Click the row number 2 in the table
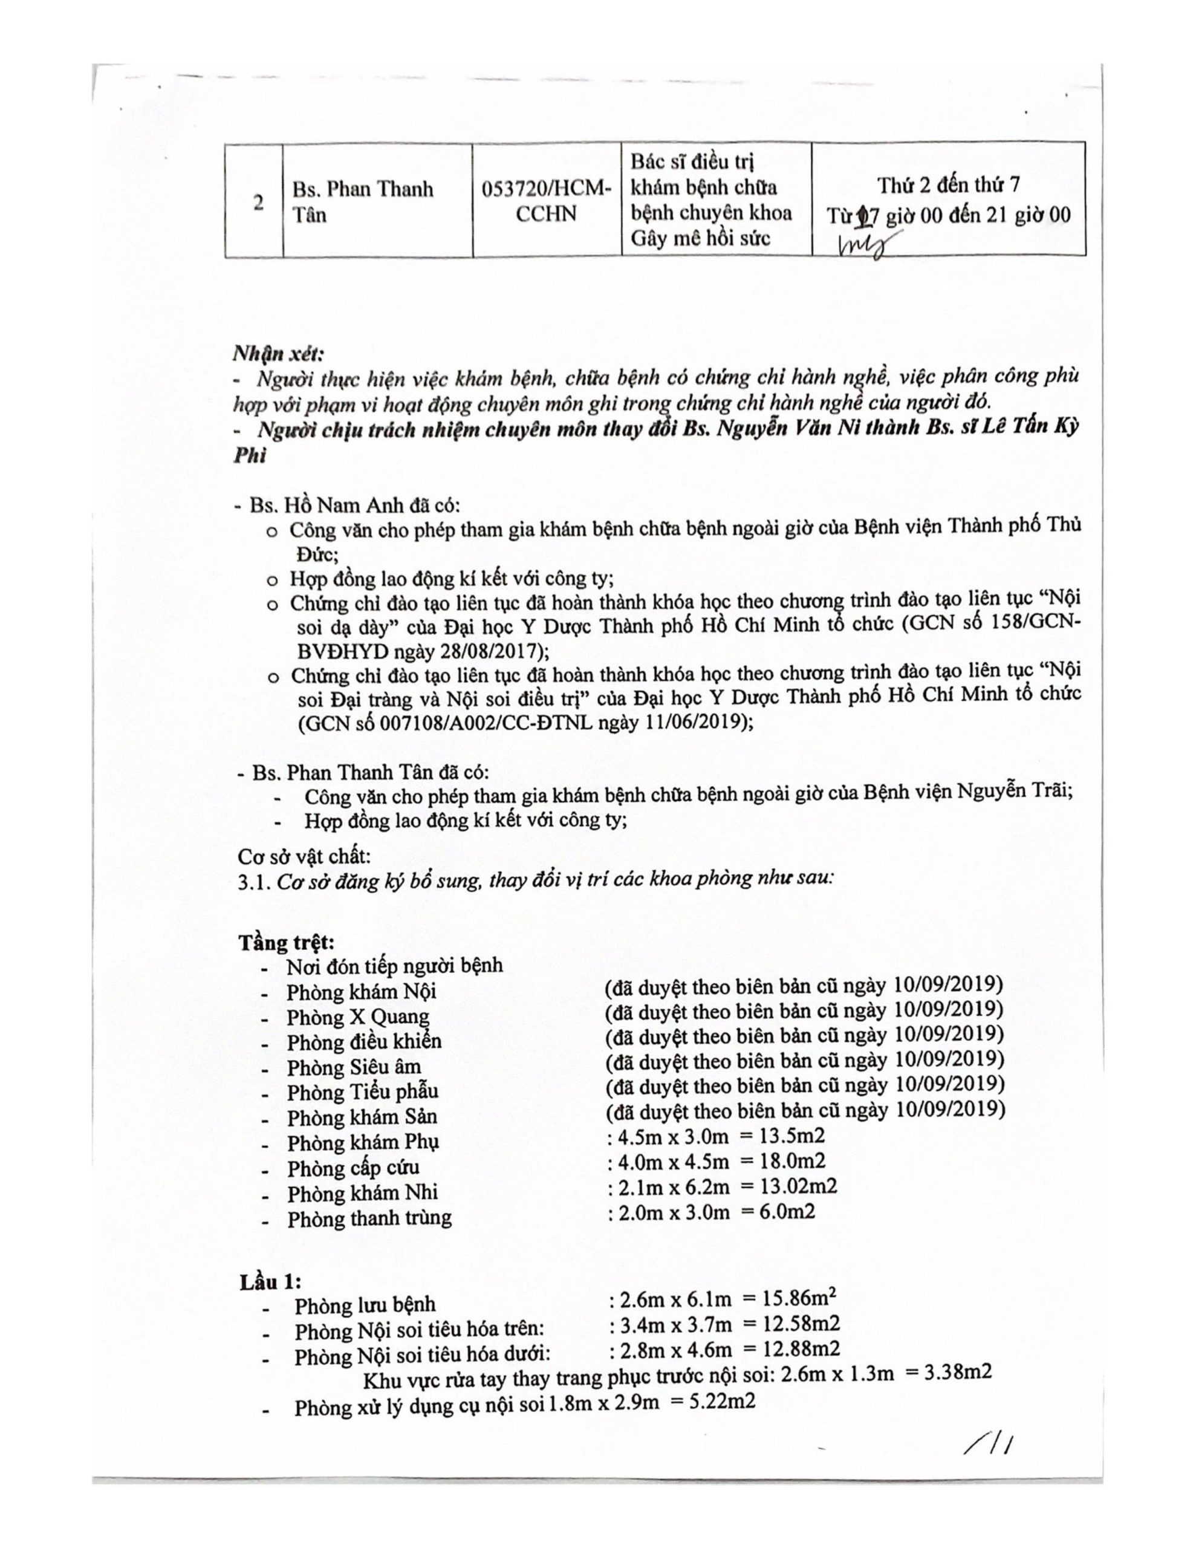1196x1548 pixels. click(x=259, y=202)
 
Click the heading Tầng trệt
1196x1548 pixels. click(x=286, y=942)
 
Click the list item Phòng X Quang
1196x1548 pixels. click(x=357, y=1017)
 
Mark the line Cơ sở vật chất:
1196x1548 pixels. click(x=304, y=856)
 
